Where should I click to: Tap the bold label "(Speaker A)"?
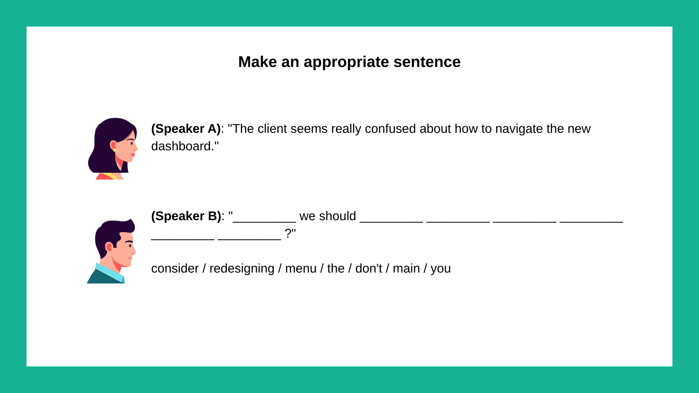[186, 129]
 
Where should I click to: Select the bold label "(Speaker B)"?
[186, 216]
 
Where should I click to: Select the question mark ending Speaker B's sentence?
[288, 234]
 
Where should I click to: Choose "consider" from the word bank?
[175, 269]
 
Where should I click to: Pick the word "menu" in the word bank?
[301, 269]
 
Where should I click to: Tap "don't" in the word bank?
[368, 269]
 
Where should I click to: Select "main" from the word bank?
[406, 269]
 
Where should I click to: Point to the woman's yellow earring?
[115, 150]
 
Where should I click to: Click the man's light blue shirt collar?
[109, 273]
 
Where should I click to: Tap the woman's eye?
[131, 143]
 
